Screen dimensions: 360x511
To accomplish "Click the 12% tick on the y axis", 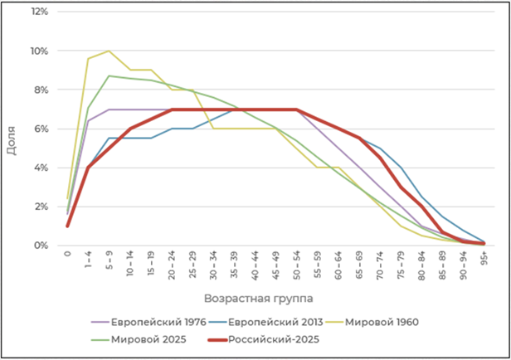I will (x=38, y=12).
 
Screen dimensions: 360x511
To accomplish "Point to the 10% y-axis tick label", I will (x=38, y=51).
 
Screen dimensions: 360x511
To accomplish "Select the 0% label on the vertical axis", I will (x=41, y=246).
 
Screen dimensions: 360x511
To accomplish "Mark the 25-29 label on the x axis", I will (x=192, y=264).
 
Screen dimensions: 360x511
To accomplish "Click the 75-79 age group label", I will (x=400, y=264).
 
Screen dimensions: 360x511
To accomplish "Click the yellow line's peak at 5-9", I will (x=109, y=51).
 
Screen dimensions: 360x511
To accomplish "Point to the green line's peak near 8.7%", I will (x=109, y=75).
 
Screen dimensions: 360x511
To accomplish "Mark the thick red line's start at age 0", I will (x=68, y=226).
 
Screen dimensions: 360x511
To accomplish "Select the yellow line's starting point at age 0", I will (x=68, y=198).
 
